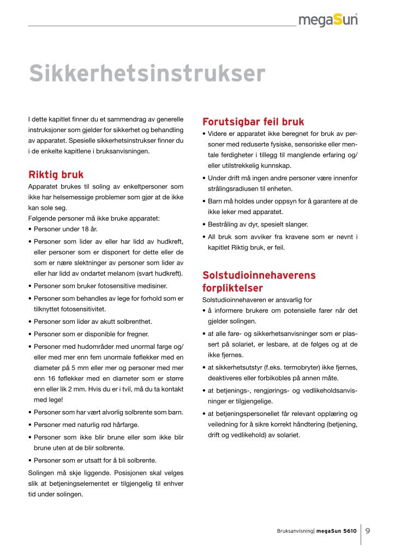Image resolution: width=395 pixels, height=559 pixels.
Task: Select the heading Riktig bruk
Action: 56,175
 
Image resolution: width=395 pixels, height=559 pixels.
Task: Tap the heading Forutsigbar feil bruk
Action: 253,122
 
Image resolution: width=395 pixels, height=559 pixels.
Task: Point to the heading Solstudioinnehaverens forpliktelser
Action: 259,281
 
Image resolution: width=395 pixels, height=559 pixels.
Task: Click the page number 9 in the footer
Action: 368,530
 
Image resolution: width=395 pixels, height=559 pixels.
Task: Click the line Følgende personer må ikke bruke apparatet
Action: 93,218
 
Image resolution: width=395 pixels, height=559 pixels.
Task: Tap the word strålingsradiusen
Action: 234,189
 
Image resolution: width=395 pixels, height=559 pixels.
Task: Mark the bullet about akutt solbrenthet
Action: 93,322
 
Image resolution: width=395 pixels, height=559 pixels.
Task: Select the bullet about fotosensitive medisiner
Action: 101,286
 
